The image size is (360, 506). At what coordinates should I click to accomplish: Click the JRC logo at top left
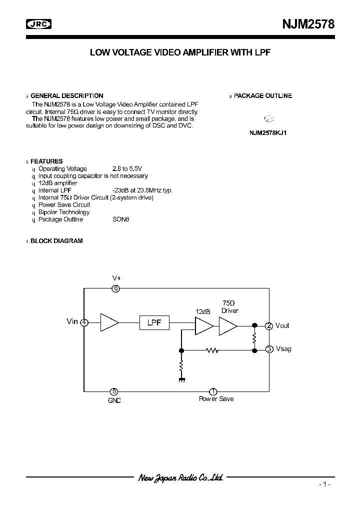click(x=39, y=23)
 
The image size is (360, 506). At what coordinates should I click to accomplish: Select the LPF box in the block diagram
click(x=154, y=322)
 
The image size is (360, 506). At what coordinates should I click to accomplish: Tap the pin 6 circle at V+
click(x=116, y=288)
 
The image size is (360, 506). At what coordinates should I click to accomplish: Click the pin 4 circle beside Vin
click(x=84, y=322)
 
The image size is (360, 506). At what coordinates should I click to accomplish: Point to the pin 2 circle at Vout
click(x=269, y=326)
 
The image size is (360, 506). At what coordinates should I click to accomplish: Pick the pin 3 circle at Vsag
click(x=269, y=349)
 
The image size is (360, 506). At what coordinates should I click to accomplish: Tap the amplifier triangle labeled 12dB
click(x=203, y=326)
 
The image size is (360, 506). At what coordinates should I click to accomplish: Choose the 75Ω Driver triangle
click(x=227, y=326)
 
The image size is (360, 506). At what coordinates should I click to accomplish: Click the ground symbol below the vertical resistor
click(x=181, y=380)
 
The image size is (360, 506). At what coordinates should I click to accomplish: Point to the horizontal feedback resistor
click(x=212, y=350)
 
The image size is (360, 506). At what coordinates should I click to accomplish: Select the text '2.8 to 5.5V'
click(x=127, y=169)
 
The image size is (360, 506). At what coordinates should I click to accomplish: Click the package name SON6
click(x=120, y=219)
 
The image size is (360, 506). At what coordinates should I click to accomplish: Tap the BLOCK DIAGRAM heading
click(x=56, y=241)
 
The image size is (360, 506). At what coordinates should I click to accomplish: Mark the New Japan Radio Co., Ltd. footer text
click(x=180, y=477)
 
